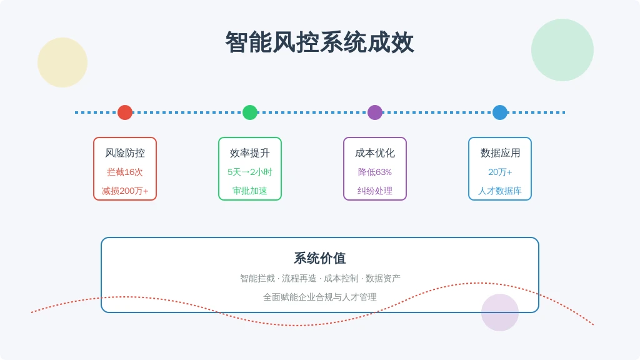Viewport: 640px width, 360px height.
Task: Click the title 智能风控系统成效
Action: click(319, 42)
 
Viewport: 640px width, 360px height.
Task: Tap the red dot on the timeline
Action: click(125, 112)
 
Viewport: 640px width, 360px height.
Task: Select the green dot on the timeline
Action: click(250, 112)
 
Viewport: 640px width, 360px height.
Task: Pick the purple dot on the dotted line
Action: click(375, 112)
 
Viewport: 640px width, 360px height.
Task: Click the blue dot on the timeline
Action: click(499, 112)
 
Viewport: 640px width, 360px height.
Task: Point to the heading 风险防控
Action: click(125, 153)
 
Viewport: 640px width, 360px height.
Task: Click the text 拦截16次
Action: click(125, 172)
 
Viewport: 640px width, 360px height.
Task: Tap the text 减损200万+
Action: click(125, 191)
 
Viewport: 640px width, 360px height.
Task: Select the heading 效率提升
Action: click(250, 153)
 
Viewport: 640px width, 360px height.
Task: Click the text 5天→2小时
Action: click(250, 172)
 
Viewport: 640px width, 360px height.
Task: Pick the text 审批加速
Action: click(250, 191)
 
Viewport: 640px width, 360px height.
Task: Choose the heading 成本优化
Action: click(375, 153)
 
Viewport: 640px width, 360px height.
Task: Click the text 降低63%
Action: click(375, 172)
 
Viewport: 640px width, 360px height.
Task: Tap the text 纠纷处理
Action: click(375, 191)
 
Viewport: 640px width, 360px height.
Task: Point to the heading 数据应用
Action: click(500, 153)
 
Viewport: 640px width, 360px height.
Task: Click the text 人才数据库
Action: click(500, 191)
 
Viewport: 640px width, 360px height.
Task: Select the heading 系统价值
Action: click(319, 258)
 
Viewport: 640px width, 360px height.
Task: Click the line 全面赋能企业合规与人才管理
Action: click(319, 297)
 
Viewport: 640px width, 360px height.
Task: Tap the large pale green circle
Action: click(562, 50)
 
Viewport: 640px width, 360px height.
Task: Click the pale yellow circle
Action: click(62, 62)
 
